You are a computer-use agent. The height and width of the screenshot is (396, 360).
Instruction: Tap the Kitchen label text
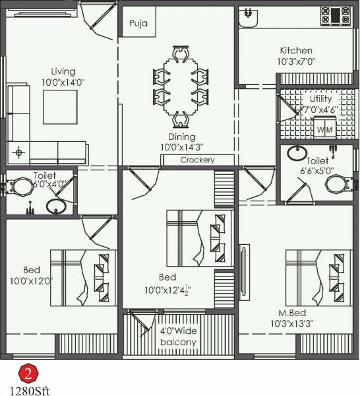295,51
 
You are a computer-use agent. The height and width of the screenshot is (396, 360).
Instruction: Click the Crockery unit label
197,160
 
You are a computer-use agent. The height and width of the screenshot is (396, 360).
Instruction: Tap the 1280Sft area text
30,389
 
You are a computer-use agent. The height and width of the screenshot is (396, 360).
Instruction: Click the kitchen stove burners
336,15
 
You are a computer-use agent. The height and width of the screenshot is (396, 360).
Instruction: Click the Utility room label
321,98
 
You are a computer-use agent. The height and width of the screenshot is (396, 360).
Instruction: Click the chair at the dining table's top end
179,53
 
